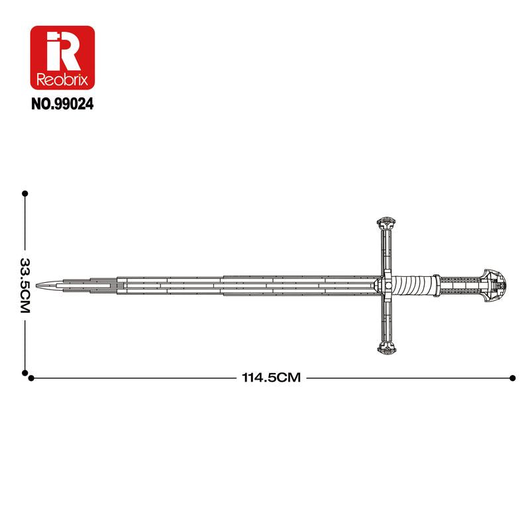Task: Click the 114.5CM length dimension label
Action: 271,378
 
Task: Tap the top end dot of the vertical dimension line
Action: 25,194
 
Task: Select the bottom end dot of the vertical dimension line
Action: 25,372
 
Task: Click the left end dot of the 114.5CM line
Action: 30,378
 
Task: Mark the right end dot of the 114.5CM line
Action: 512,378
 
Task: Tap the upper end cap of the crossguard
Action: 388,223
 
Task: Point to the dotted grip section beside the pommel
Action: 461,284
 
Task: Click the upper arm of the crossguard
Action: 388,252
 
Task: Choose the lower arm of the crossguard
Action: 388,318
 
